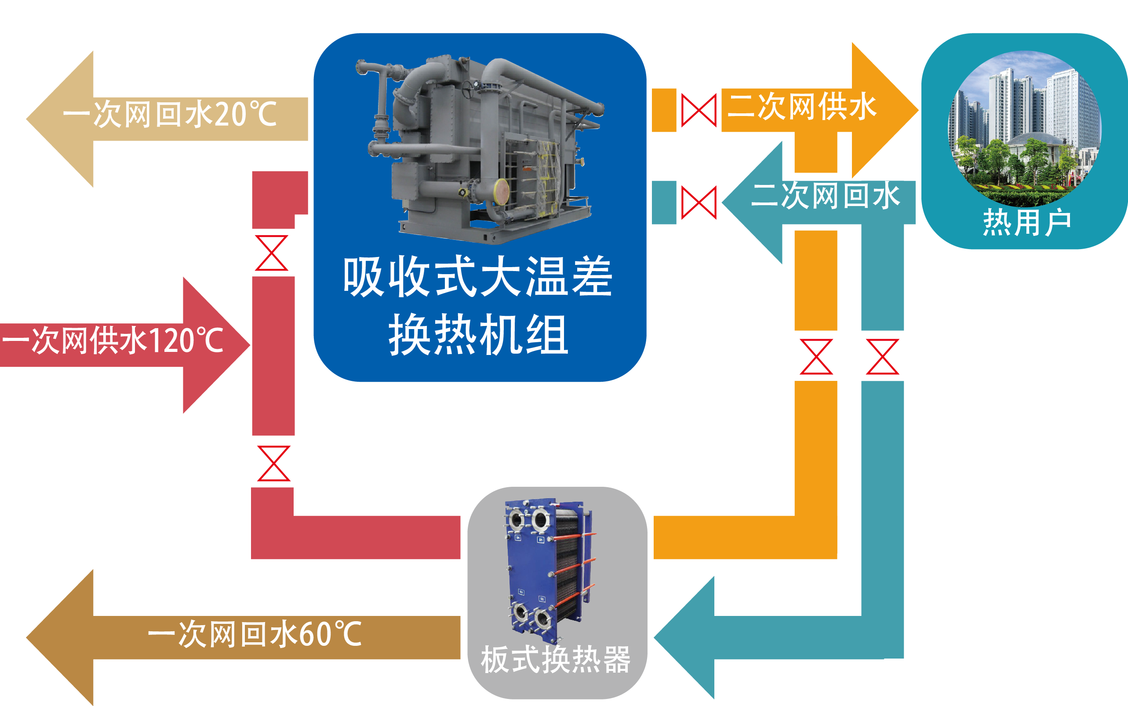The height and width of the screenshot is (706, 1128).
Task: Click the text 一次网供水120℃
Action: point(112,341)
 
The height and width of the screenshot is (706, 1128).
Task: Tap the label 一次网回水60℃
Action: point(255,634)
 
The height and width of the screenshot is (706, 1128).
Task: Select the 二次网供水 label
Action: point(801,106)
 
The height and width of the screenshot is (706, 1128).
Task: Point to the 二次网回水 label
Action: point(825,196)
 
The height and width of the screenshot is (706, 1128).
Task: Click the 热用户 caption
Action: point(1026,222)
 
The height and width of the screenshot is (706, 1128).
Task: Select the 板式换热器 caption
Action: point(555,660)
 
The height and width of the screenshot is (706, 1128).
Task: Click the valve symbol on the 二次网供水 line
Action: point(699,110)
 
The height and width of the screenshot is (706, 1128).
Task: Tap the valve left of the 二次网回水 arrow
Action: point(699,203)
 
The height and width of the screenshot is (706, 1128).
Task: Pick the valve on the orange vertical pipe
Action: point(816,357)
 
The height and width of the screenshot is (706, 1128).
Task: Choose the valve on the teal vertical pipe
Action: point(882,357)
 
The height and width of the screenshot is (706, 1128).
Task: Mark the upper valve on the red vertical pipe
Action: point(272,253)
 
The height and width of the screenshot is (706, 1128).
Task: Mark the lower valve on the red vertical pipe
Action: point(274,463)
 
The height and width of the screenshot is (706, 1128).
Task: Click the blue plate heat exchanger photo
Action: point(549,570)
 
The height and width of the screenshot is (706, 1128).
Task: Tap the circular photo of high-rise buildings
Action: point(1024,128)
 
